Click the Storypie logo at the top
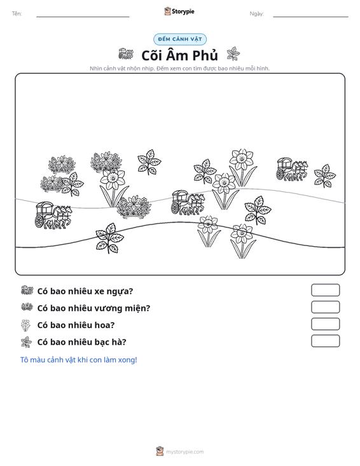point(179,11)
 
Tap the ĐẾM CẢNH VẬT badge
point(180,39)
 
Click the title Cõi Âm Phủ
point(179,55)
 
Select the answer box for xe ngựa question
point(325,290)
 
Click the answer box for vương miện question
point(325,307)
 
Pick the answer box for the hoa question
point(325,324)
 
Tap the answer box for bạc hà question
point(325,341)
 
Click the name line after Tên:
point(83,17)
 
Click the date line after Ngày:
point(310,17)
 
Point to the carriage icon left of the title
point(126,54)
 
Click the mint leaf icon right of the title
point(233,54)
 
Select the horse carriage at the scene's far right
point(292,169)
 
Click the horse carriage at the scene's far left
point(53,216)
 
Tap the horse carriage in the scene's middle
point(188,203)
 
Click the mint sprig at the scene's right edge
point(325,175)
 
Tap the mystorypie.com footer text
point(184,452)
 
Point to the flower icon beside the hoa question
point(26,325)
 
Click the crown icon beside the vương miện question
point(27,307)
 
